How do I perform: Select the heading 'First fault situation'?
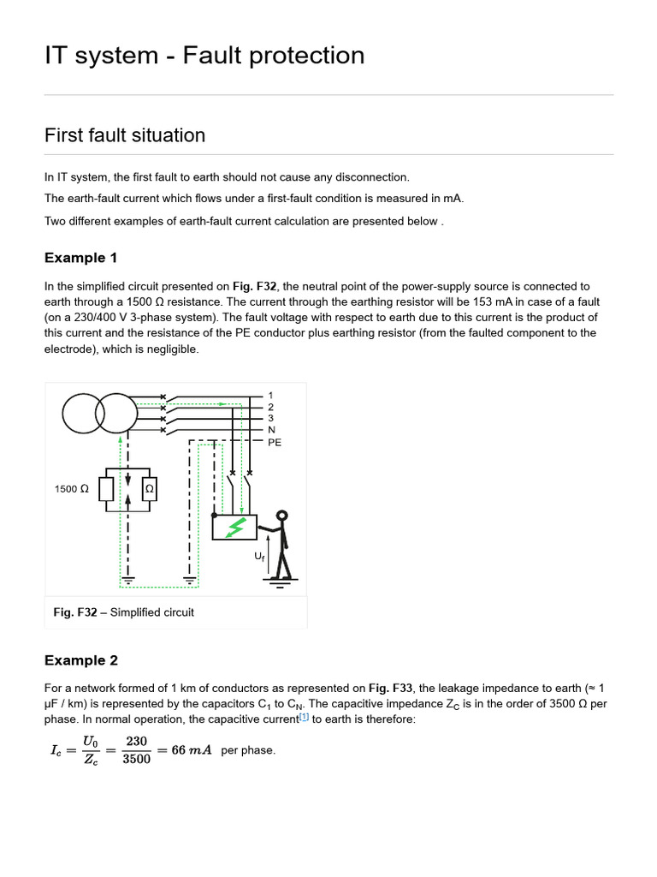coord(125,135)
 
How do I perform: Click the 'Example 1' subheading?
coord(80,258)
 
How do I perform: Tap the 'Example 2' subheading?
coord(80,660)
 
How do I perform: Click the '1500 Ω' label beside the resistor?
coord(71,489)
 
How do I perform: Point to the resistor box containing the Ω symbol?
coord(149,488)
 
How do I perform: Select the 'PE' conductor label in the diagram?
coord(274,443)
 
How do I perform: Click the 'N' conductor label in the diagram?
coord(271,430)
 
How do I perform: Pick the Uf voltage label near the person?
coord(260,556)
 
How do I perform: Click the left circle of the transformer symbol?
coord(84,414)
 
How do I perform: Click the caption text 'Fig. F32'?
coord(75,612)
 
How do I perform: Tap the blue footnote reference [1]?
coord(304,718)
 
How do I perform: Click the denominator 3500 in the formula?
coord(137,759)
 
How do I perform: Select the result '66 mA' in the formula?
coord(191,750)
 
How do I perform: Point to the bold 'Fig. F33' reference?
coord(390,688)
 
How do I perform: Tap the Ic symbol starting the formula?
coord(57,750)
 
